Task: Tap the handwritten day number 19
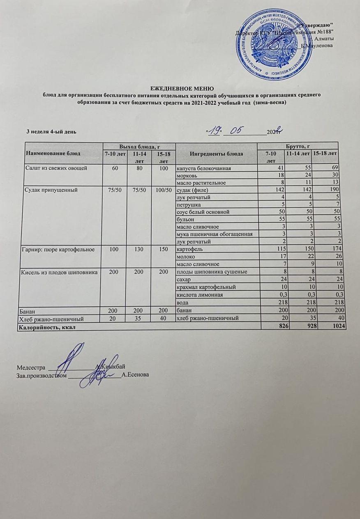214,131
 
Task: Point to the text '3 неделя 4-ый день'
51,132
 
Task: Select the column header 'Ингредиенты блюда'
216,153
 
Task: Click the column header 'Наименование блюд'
51,153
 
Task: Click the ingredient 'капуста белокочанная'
203,168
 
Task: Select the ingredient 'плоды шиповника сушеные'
212,271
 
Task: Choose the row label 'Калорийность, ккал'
45,327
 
